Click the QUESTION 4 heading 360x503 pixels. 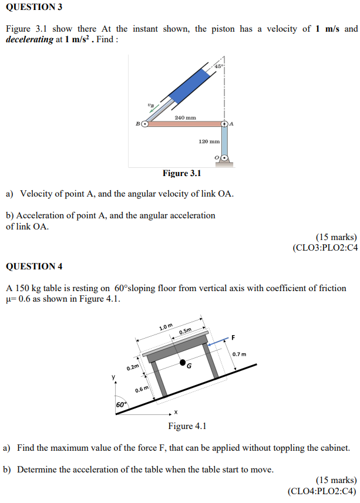pyautogui.click(x=33, y=266)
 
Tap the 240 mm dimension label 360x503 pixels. pyautogui.click(x=185, y=118)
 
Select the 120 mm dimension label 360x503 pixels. pyautogui.click(x=209, y=141)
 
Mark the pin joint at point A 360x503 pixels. pyautogui.click(x=225, y=124)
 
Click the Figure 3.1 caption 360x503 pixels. pyautogui.click(x=181, y=173)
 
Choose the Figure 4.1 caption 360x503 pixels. pyautogui.click(x=187, y=426)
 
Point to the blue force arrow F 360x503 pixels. pyautogui.click(x=218, y=341)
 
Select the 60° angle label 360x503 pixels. pyautogui.click(x=121, y=405)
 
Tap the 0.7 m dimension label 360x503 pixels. pyautogui.click(x=239, y=354)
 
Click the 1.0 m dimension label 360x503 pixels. pyautogui.click(x=166, y=326)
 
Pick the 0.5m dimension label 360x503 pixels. pyautogui.click(x=185, y=332)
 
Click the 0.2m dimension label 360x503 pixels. pyautogui.click(x=133, y=367)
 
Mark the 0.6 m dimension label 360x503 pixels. pyautogui.click(x=142, y=390)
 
